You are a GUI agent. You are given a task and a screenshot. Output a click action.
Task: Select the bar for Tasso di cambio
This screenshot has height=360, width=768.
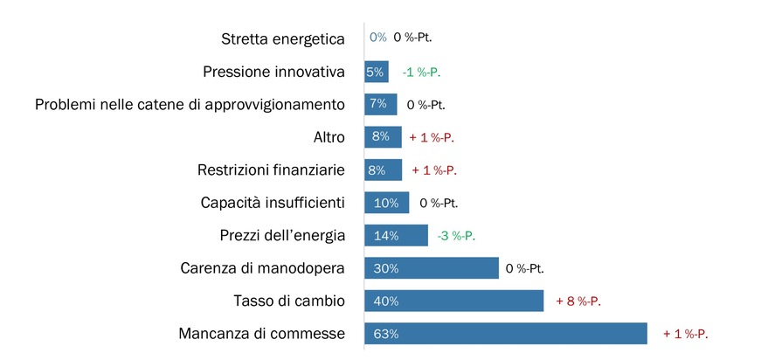453,301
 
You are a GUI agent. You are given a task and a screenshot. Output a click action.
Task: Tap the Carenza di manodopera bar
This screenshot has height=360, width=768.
431,268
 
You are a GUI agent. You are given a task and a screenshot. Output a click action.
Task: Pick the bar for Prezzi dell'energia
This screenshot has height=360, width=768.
396,236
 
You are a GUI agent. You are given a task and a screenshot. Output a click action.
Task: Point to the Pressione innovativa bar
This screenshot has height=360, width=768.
376,72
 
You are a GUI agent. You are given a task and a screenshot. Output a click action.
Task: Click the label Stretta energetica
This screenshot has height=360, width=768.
283,38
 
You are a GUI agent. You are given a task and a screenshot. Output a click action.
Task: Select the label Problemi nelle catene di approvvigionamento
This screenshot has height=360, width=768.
190,105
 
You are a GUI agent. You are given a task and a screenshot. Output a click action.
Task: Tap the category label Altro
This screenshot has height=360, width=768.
329,137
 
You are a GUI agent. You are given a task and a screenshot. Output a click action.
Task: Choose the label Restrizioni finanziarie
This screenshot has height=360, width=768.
272,170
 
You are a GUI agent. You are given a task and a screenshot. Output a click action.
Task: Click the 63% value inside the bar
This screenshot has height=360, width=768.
385,334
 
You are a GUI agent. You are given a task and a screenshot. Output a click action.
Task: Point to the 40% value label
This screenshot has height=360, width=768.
385,301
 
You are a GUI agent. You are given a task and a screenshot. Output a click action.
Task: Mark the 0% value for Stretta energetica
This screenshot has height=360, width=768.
377,38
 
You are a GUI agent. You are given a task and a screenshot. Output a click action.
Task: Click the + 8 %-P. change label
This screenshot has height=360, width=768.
579,301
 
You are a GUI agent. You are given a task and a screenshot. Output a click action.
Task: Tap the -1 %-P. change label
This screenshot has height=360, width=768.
421,72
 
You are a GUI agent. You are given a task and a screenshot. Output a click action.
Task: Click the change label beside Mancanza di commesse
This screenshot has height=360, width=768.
685,334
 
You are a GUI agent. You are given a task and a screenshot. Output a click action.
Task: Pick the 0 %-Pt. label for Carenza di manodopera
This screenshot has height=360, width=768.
530,268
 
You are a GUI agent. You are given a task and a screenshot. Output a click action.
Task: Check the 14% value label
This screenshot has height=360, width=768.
385,236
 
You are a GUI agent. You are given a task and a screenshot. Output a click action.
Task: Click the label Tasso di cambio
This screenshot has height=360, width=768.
288,301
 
